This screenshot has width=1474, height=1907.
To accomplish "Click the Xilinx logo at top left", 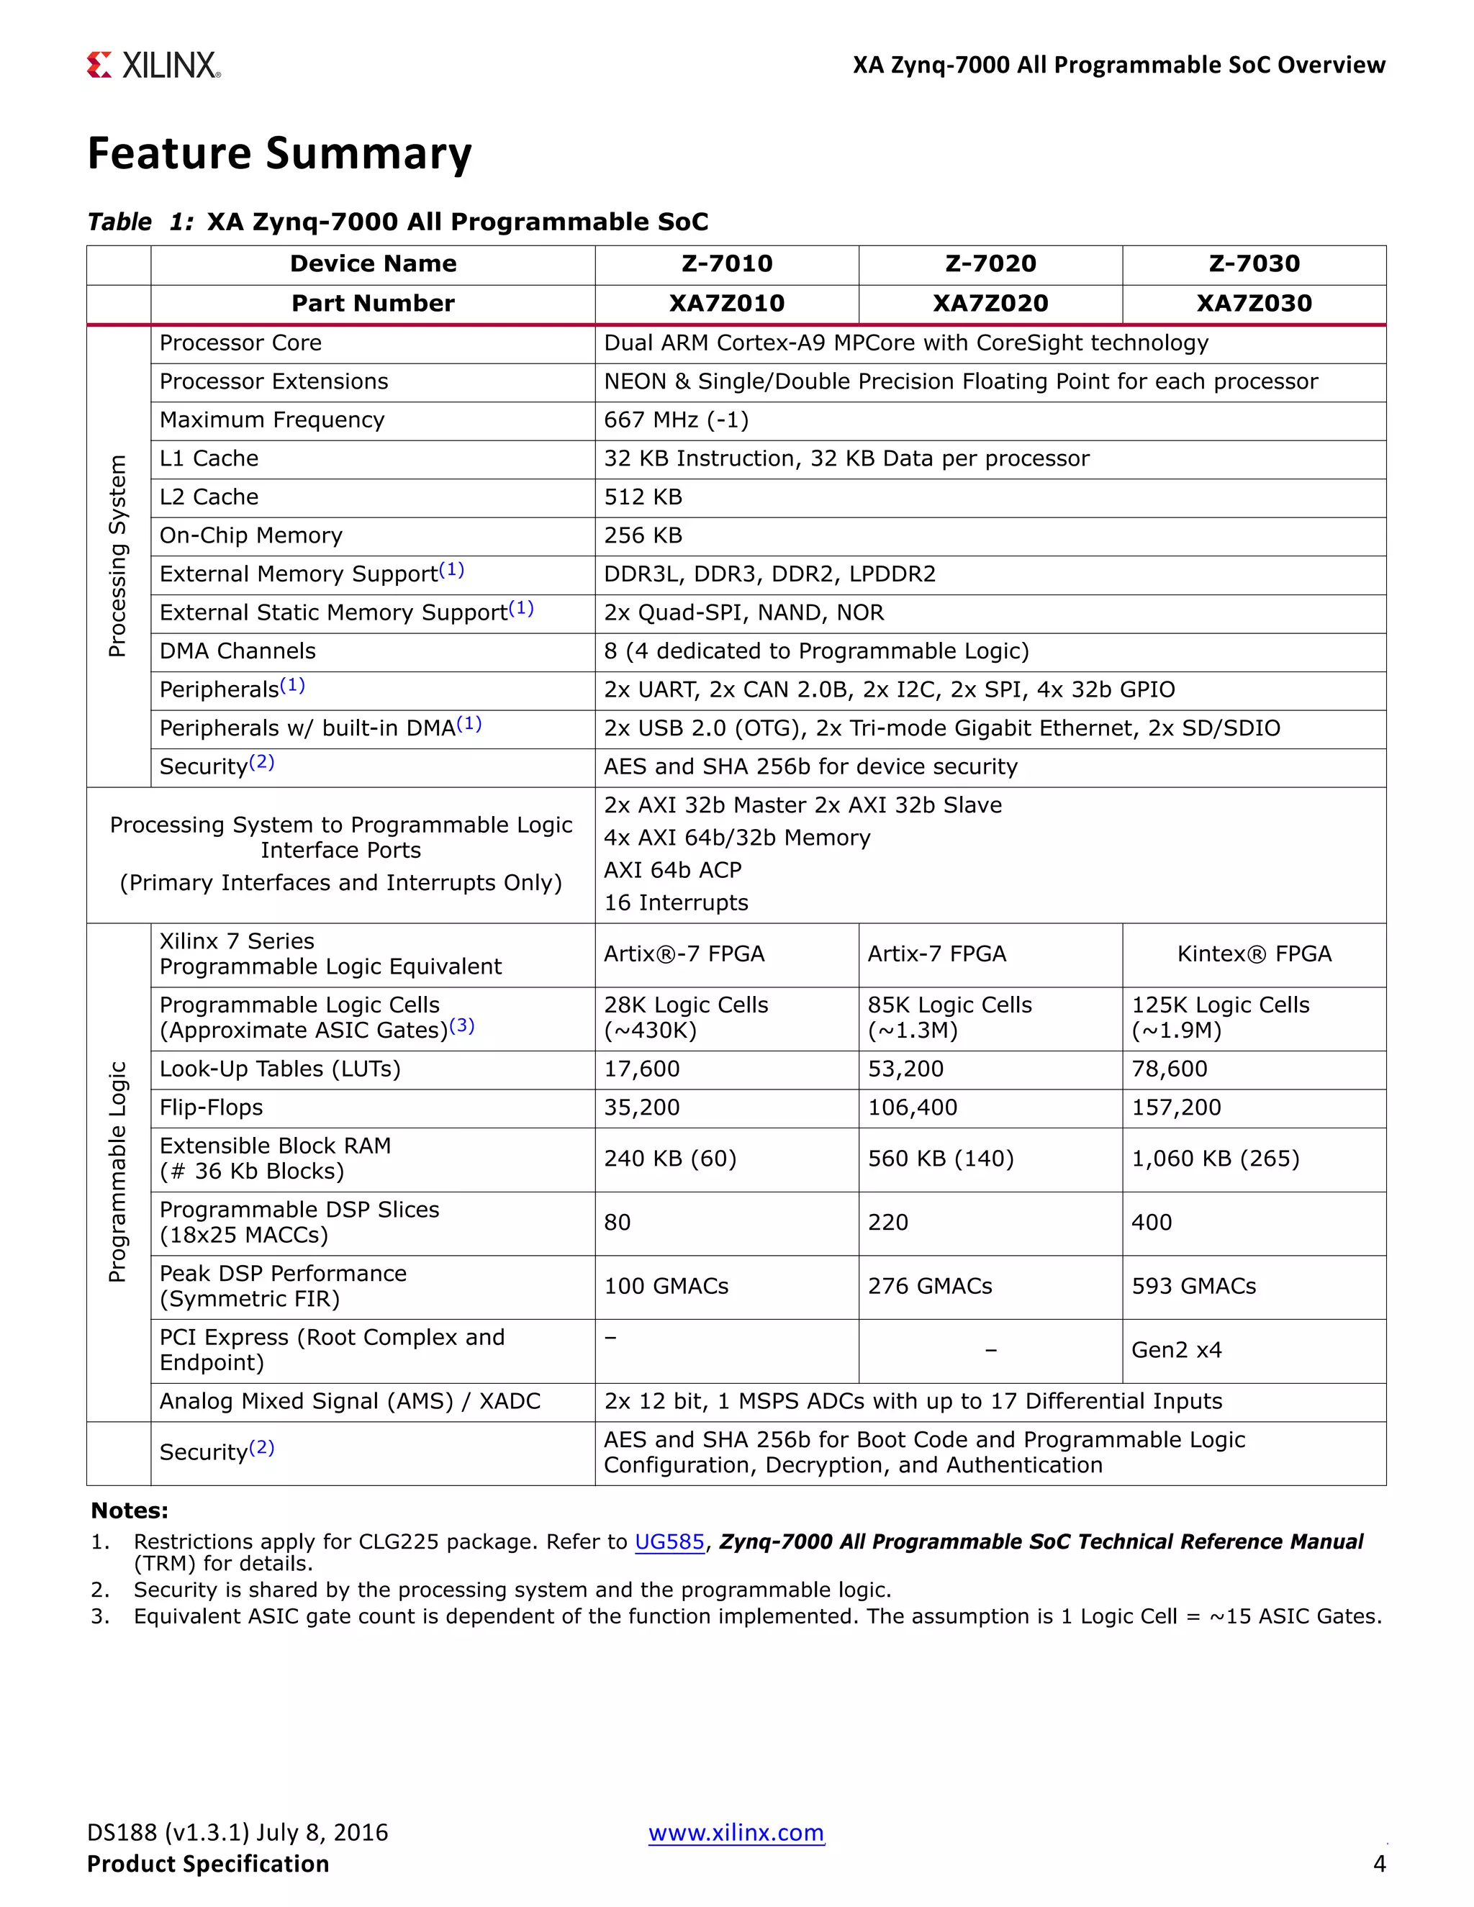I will [x=154, y=65].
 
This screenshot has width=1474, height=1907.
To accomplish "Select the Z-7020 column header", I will [x=990, y=263].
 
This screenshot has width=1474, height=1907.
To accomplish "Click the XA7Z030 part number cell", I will [x=1253, y=303].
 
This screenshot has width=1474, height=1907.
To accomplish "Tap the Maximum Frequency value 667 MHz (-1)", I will [x=676, y=420].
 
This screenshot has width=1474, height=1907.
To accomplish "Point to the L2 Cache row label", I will [x=209, y=497].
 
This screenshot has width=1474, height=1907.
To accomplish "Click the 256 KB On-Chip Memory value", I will [x=643, y=535].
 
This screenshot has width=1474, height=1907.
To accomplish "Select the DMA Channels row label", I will [x=238, y=651].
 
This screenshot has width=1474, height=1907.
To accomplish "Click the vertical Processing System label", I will [x=117, y=556].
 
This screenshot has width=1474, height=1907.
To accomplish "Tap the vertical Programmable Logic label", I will [x=117, y=1172].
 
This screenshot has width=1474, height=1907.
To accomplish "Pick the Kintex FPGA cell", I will [x=1253, y=953].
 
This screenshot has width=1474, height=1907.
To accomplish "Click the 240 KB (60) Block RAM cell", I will [x=670, y=1159].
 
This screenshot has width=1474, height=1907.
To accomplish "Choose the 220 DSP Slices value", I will [x=887, y=1223].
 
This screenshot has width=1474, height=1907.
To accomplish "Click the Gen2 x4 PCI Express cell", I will [x=1175, y=1350].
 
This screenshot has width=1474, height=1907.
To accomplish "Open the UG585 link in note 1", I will [x=669, y=1541].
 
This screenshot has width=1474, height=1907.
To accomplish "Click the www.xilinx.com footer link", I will [x=736, y=1832].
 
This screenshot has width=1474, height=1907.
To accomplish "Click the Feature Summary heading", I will [x=279, y=154].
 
